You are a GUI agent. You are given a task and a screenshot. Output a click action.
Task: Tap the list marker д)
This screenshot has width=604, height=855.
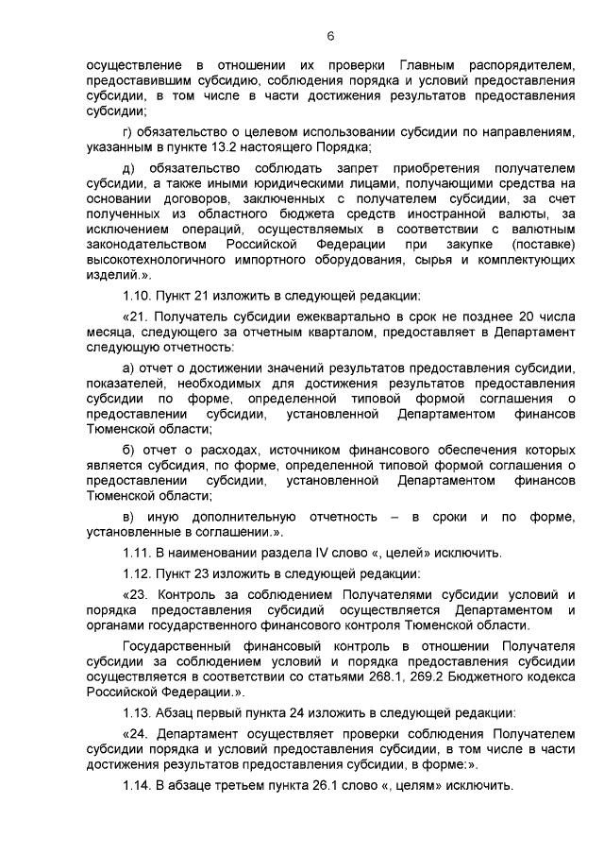tap(129, 169)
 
